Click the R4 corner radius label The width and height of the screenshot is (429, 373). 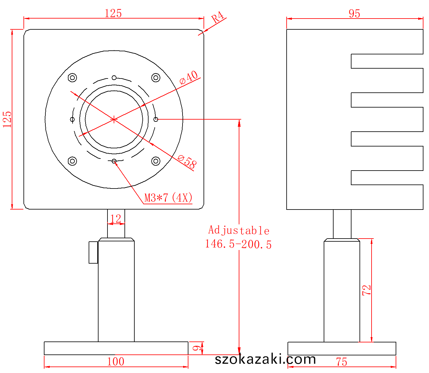tap(217, 17)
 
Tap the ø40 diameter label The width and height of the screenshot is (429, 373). tap(188, 77)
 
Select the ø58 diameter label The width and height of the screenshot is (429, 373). tap(187, 161)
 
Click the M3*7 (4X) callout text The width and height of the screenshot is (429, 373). tap(168, 197)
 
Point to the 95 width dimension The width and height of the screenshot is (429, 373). tap(354, 13)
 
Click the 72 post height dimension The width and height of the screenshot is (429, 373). tap(366, 290)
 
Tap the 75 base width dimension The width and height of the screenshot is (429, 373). tap(342, 362)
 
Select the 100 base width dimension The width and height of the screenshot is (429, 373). tap(116, 362)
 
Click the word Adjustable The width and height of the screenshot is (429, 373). tap(239, 230)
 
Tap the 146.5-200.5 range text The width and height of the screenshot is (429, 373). tap(238, 244)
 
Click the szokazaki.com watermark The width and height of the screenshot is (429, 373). tap(265, 359)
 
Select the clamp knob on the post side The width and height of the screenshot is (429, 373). tap(93, 252)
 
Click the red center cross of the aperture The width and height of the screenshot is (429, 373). tap(114, 120)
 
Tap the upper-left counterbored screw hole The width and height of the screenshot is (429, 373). tap(72, 78)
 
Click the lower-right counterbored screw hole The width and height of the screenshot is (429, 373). tap(156, 161)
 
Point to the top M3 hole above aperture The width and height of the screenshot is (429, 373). tap(114, 78)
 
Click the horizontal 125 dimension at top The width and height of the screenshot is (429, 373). tap(113, 13)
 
